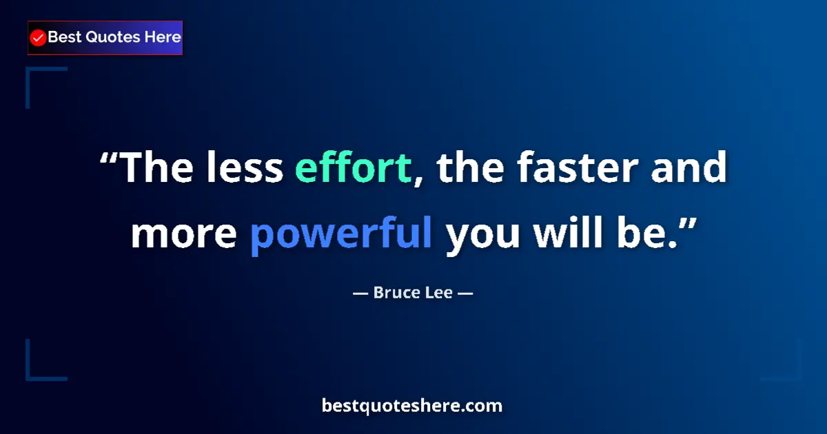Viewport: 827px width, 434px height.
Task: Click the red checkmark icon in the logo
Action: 39,38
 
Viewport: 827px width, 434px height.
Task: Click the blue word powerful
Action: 341,234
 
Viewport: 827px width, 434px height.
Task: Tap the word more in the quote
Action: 183,234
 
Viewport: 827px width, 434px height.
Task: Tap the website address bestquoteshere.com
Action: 412,406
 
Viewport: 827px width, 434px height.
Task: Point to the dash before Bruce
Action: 360,293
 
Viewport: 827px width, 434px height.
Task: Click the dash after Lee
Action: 464,293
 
